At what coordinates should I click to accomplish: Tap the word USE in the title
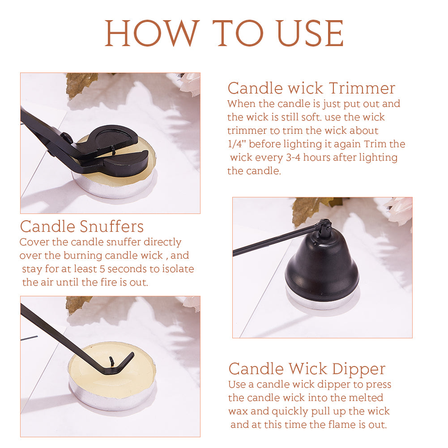point(310,33)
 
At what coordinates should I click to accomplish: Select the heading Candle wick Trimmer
point(311,88)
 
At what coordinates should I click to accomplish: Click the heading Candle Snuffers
point(82,226)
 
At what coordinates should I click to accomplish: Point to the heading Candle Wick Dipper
point(307,369)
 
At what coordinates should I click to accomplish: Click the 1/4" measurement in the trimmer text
point(237,144)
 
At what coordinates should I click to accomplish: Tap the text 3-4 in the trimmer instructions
point(293,158)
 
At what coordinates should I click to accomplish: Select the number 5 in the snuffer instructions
point(102,269)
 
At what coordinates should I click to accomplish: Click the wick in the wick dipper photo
point(111,361)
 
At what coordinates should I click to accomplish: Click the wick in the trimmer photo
point(113,150)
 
